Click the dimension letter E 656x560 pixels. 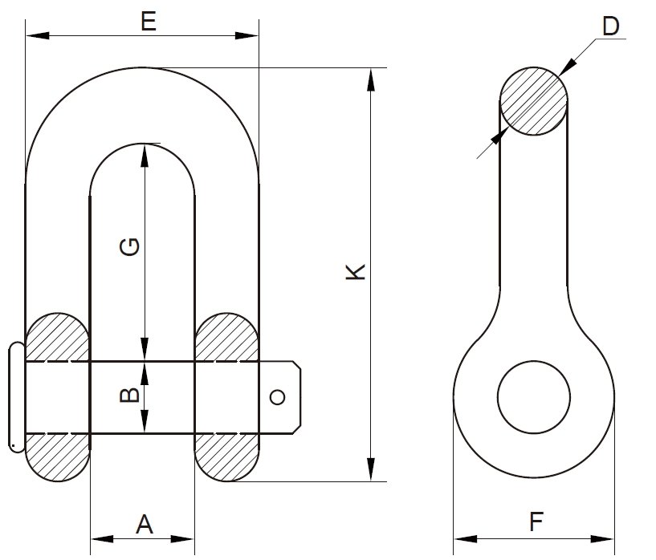point(147,21)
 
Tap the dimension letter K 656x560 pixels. point(356,271)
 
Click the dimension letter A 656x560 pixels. point(144,525)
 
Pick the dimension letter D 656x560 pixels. point(611,26)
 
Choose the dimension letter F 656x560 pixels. point(536,523)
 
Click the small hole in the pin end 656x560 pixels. point(277,397)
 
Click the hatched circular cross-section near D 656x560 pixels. point(534,101)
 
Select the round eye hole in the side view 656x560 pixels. point(534,397)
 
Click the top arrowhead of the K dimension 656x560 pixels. point(370,77)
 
